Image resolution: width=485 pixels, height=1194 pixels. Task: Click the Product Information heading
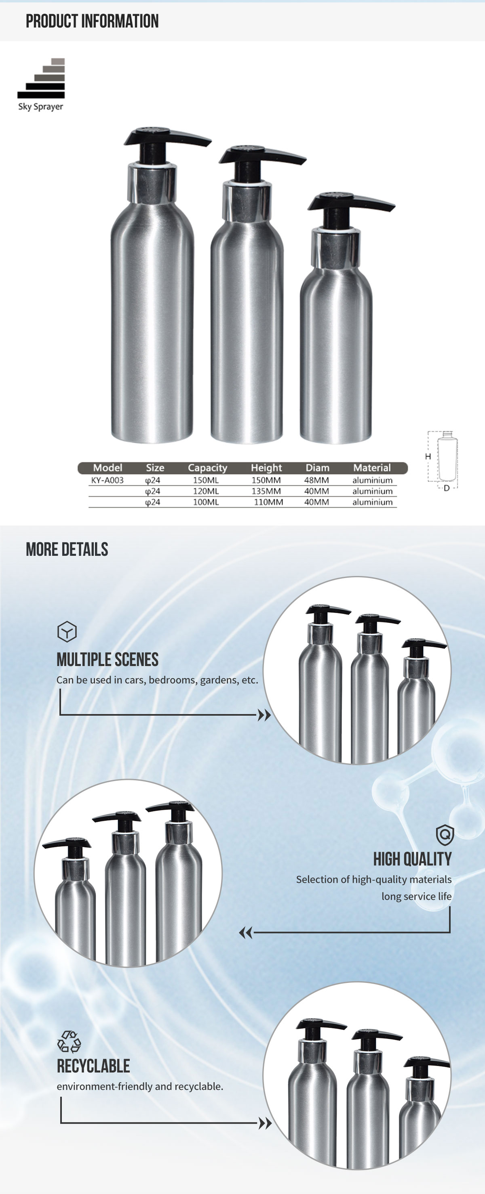(92, 21)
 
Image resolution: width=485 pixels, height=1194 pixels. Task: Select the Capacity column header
(207, 468)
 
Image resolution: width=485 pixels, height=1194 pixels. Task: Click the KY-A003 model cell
(107, 480)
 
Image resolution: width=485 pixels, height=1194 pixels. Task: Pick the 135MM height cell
(266, 491)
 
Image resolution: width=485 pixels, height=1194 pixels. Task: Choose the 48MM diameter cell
(316, 480)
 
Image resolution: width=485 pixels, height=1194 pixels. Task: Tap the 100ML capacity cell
(206, 502)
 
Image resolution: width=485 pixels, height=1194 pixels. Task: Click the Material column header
(372, 468)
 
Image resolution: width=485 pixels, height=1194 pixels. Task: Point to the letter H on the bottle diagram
(428, 457)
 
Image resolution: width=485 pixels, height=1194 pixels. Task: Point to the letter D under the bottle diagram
(447, 488)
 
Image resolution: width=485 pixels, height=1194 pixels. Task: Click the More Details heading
(67, 550)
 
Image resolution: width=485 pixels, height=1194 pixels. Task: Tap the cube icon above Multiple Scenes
(67, 631)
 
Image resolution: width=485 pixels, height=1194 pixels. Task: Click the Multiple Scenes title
(107, 660)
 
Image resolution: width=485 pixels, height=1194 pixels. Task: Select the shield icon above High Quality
(445, 835)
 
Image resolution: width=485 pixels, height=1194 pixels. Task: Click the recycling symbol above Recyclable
(69, 1041)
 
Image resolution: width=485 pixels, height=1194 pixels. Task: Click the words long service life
(416, 897)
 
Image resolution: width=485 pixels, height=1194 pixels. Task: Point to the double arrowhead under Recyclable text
(265, 1123)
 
